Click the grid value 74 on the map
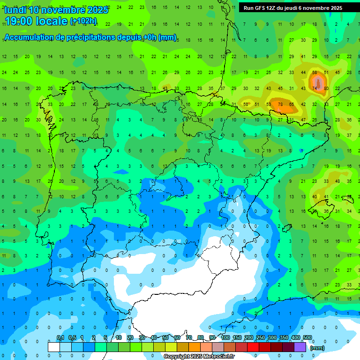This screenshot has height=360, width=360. (x=314, y=89)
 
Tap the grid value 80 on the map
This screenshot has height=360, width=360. (x=326, y=89)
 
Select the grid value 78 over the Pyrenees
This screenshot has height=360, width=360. (x=280, y=104)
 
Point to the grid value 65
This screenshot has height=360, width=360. (x=291, y=104)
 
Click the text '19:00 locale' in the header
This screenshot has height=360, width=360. (x=36, y=21)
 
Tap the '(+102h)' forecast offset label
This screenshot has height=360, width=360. (x=83, y=21)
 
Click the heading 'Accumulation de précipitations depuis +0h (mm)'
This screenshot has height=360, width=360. (x=90, y=37)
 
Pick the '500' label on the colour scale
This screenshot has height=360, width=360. (x=307, y=337)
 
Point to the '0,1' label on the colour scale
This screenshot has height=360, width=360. (x=60, y=337)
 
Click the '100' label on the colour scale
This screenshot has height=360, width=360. (x=225, y=337)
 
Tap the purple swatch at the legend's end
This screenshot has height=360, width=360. (x=300, y=347)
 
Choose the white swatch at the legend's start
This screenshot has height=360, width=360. (x=54, y=347)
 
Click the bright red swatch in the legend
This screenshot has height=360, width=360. (x=253, y=347)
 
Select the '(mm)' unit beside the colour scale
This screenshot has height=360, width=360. (x=317, y=348)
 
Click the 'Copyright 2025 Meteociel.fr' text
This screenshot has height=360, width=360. (x=199, y=357)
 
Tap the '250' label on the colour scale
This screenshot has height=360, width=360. (x=260, y=337)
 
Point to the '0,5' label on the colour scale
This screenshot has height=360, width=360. (x=72, y=337)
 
